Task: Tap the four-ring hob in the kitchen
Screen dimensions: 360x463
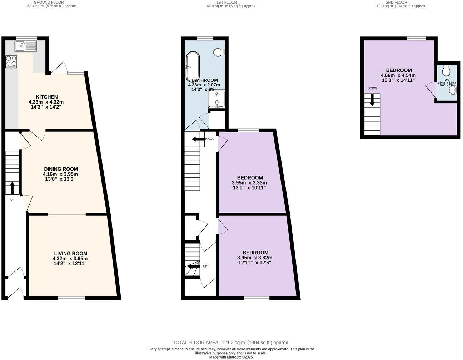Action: pos(11,61)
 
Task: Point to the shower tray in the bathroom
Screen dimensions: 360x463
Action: pos(217,99)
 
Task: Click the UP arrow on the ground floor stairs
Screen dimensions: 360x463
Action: pos(13,188)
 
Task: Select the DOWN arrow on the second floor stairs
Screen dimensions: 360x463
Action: pos(372,100)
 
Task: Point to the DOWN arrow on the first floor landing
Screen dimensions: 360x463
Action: pos(198,139)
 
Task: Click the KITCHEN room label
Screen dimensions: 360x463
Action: pos(46,97)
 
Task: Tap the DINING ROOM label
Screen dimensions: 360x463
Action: pos(61,169)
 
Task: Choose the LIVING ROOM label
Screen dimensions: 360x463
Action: pos(70,253)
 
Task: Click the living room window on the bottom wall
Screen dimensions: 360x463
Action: pos(71,298)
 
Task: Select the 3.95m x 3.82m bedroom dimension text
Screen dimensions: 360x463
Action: pos(255,257)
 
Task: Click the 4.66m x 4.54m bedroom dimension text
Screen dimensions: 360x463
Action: pos(398,75)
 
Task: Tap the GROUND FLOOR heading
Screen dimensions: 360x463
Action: pos(52,2)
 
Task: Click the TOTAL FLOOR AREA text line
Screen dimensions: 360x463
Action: pos(231,342)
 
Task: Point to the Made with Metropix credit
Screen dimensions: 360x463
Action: pos(231,357)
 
